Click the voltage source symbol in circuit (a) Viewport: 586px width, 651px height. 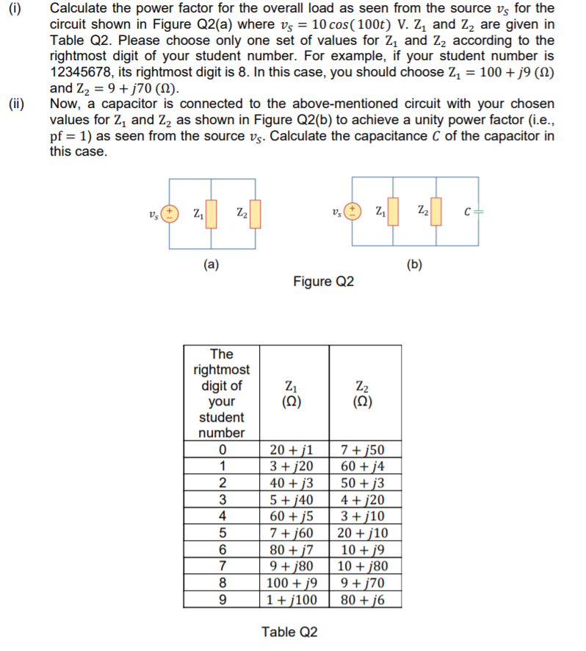click(x=169, y=214)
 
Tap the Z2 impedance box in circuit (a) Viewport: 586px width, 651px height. click(x=256, y=215)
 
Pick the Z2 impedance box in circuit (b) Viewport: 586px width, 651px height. click(x=436, y=212)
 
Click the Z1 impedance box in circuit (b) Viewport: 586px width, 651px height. click(x=394, y=212)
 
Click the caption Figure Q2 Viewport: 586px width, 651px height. click(x=324, y=281)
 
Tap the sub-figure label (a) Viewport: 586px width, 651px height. click(x=211, y=265)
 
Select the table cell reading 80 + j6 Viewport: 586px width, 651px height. click(x=364, y=599)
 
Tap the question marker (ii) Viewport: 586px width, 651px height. click(x=15, y=104)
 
